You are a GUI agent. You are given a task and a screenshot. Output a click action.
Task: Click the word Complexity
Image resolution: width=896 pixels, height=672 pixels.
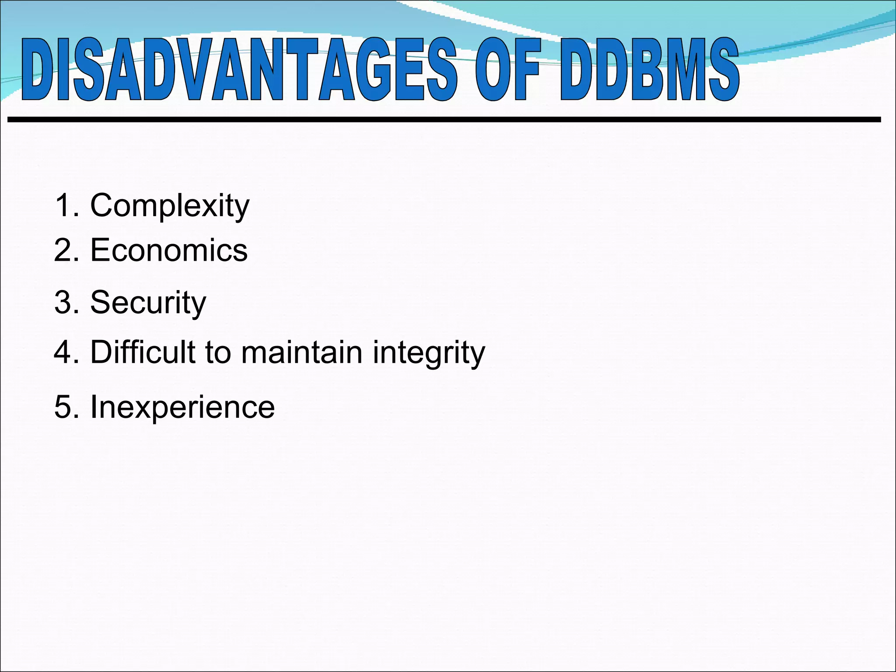coord(170,206)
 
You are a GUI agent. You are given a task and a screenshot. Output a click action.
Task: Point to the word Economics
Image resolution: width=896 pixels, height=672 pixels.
coord(169,251)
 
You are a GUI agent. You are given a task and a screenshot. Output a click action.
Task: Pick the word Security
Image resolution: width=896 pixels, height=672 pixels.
coord(148,302)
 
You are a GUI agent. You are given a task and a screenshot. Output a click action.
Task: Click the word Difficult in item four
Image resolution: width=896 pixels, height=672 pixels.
coord(143,352)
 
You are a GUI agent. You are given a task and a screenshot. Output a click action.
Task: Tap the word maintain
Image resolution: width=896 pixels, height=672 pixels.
coord(302,353)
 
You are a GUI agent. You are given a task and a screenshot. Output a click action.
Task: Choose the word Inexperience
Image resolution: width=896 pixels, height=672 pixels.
coord(182,407)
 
